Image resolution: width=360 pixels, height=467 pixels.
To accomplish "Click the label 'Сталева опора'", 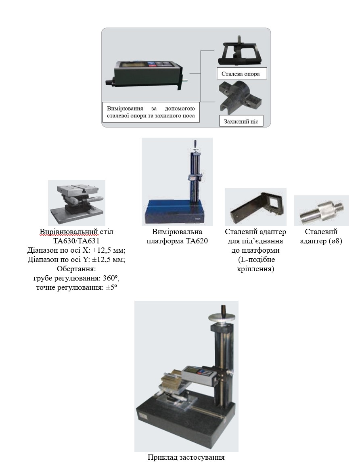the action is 241,74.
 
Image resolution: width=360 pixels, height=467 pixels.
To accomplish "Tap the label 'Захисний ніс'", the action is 241,121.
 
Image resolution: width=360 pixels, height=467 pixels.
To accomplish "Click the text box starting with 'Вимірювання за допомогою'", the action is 151,112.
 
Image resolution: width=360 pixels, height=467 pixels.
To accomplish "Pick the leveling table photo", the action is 77,203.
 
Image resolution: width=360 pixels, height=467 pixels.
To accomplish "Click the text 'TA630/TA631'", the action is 76,241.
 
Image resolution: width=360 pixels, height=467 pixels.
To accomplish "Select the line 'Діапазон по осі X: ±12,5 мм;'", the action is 76,250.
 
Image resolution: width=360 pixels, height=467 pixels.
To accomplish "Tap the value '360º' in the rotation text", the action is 111,278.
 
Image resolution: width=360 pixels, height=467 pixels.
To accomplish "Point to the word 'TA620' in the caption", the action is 197,241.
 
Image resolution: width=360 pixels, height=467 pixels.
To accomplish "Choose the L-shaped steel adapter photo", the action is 255,207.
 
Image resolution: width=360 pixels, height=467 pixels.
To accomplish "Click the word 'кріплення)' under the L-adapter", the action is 255,269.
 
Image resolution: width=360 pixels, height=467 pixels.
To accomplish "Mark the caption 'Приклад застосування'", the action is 186,457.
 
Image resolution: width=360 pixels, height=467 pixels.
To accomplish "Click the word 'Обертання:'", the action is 76,269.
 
